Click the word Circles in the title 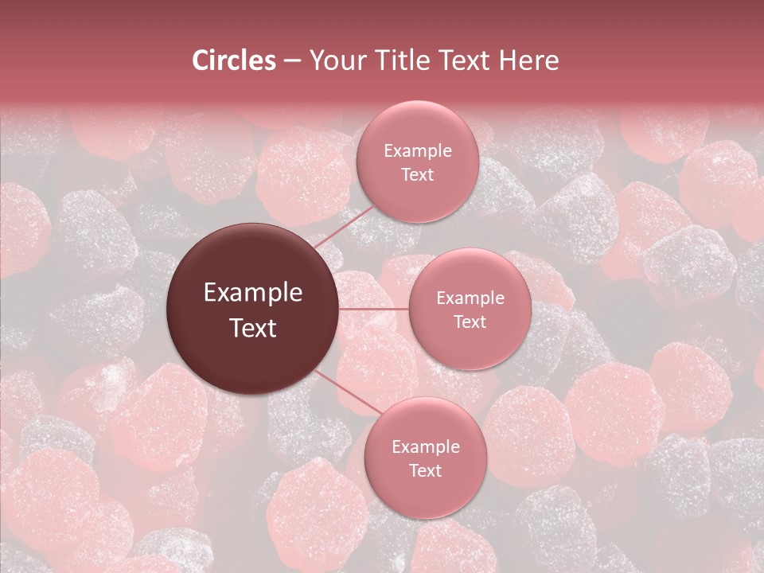(234, 60)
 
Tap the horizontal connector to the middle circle (374, 309)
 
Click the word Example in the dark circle (253, 293)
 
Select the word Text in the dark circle (253, 328)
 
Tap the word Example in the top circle (417, 151)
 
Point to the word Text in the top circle (417, 174)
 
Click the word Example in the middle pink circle (470, 298)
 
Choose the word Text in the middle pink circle (470, 322)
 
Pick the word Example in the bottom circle (425, 447)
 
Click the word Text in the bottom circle (425, 470)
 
